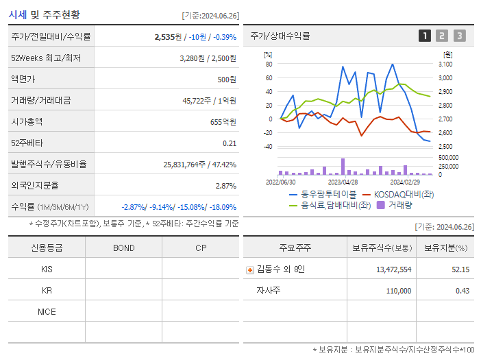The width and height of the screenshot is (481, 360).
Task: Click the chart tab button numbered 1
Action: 425,36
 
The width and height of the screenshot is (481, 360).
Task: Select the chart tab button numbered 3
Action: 459,36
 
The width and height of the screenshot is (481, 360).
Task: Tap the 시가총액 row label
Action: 27,121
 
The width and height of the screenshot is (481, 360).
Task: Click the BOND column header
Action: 123,248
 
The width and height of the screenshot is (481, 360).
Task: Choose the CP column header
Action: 201,248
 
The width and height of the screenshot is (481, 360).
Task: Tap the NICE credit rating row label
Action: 47,312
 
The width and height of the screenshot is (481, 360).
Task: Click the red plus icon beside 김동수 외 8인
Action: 250,269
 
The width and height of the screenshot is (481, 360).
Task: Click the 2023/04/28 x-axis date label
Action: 343,182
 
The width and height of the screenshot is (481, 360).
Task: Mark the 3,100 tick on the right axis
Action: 445,64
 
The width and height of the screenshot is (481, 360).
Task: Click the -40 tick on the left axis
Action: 268,146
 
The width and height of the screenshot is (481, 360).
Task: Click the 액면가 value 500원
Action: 227,79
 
